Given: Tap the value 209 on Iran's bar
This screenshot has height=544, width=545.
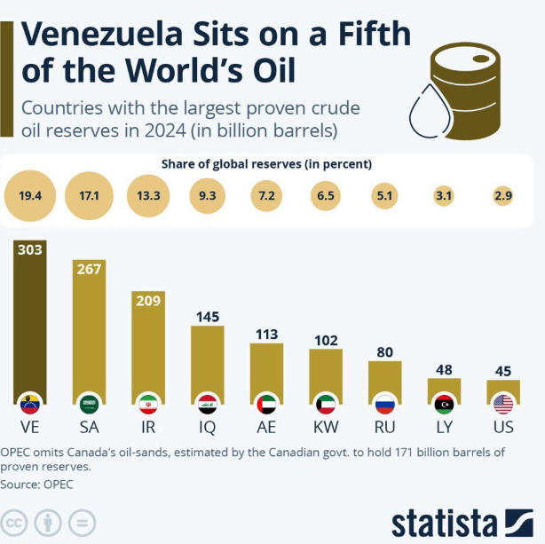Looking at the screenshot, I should pyautogui.click(x=147, y=301).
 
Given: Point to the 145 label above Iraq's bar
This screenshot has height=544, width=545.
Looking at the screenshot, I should pyautogui.click(x=206, y=316).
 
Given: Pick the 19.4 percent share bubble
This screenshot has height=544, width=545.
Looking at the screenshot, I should pyautogui.click(x=30, y=195).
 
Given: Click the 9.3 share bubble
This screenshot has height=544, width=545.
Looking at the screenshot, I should pyautogui.click(x=206, y=195).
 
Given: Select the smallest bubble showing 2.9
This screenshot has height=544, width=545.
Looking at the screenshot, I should pyautogui.click(x=503, y=195).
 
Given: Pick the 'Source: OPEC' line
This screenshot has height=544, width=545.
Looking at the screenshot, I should pyautogui.click(x=36, y=485).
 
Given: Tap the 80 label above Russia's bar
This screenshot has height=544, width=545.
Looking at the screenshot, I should pyautogui.click(x=385, y=351).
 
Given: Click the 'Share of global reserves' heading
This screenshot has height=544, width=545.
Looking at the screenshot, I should pyautogui.click(x=266, y=164).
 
